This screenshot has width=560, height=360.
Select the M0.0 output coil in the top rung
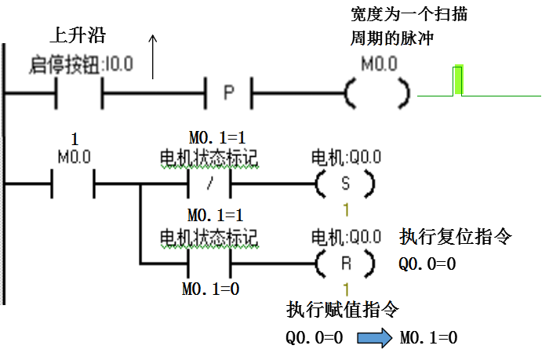click(376, 95)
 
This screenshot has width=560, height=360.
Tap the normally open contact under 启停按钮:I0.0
click(78, 95)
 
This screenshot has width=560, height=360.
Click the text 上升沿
click(78, 36)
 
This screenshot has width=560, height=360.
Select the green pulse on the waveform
click(458, 80)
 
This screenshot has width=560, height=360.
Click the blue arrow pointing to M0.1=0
click(374, 338)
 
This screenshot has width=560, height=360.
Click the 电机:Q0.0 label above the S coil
click(346, 158)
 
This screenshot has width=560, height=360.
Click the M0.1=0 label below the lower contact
click(210, 289)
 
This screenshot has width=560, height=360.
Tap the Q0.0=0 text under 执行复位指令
click(427, 264)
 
